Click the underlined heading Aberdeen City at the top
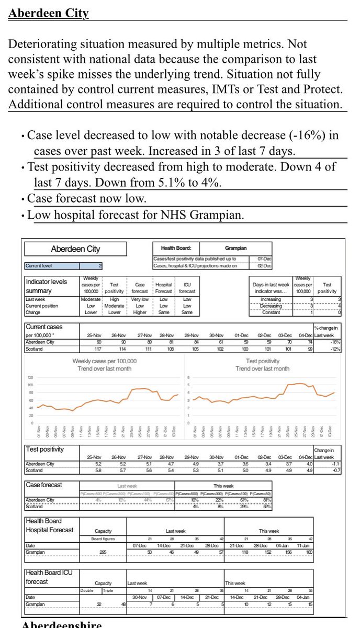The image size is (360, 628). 49,13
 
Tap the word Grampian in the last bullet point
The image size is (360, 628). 218,215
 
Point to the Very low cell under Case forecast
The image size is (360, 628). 140,299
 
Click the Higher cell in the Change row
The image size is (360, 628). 140,312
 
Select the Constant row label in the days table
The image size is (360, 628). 271,312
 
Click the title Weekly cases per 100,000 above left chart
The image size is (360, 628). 104,361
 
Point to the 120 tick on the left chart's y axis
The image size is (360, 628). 30,377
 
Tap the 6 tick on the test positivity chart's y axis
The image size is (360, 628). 188,377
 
